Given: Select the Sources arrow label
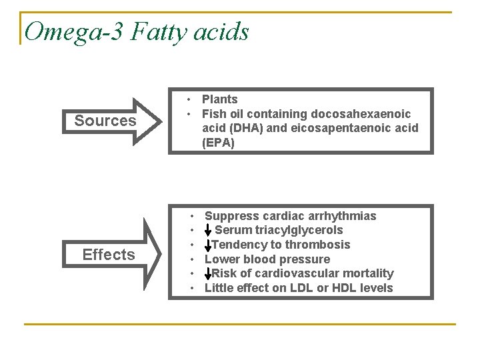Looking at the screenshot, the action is (x=105, y=121).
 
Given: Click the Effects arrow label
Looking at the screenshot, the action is (x=109, y=255).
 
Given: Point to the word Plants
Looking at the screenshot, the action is (x=219, y=99).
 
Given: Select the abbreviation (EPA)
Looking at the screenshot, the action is (x=219, y=143).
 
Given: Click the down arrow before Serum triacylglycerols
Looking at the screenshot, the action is (x=209, y=231).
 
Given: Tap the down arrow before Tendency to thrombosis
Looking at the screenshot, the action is (x=209, y=245).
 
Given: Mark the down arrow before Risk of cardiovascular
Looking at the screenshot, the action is (x=209, y=273).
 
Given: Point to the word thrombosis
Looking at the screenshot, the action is (x=318, y=245).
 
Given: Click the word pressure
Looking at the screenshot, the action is (x=304, y=259).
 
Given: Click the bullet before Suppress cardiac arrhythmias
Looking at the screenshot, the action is (x=192, y=216).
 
